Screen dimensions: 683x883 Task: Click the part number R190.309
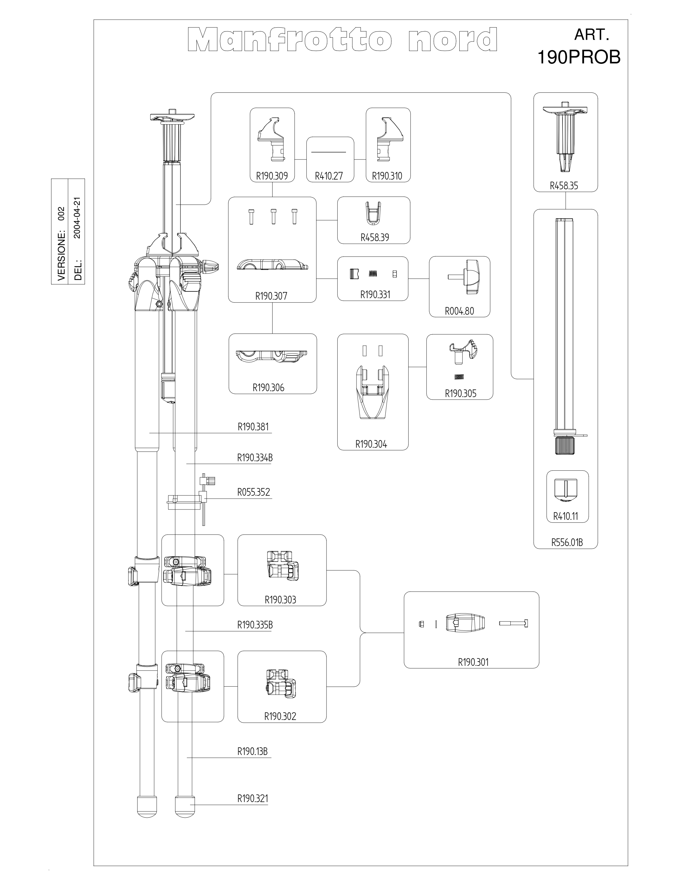point(272,176)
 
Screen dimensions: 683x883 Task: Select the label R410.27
point(329,176)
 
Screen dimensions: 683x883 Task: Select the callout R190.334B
point(255,458)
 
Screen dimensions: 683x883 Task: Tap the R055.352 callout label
point(253,492)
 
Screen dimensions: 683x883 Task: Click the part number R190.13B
point(253,752)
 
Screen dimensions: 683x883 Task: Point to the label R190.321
point(253,799)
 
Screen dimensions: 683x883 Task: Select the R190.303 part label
point(281,600)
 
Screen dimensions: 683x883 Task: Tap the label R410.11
point(566,516)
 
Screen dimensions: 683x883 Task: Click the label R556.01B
point(567,542)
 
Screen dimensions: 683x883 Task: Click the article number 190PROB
point(579,57)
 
